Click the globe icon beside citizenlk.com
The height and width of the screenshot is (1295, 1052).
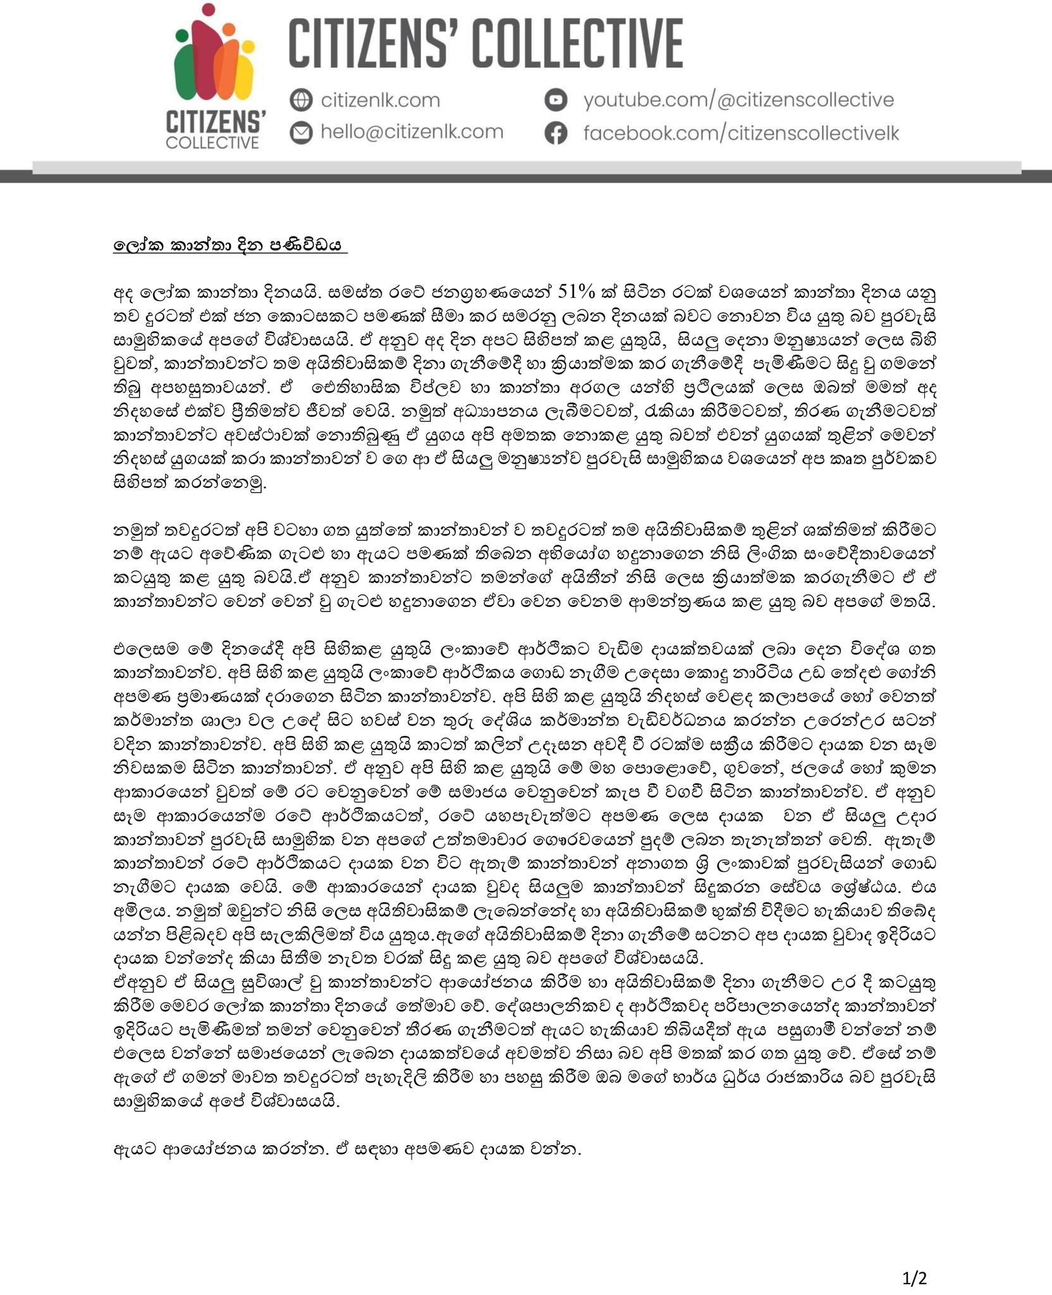coord(302,100)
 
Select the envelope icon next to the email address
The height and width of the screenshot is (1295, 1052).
coord(302,132)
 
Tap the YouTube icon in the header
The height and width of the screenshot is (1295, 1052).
coord(556,100)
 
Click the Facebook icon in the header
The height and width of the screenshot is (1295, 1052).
coord(556,133)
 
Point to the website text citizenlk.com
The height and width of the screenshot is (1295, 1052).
coord(380,100)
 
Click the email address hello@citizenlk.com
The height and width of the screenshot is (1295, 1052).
coord(412,132)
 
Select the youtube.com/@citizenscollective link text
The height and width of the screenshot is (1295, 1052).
coord(738,100)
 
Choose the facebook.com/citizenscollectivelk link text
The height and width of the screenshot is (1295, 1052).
coord(740,133)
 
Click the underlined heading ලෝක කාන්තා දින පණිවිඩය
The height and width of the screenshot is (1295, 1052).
coord(230,245)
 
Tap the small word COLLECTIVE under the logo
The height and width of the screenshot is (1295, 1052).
coord(212,142)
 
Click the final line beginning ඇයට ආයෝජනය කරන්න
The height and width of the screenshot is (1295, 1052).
coord(347,1149)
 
